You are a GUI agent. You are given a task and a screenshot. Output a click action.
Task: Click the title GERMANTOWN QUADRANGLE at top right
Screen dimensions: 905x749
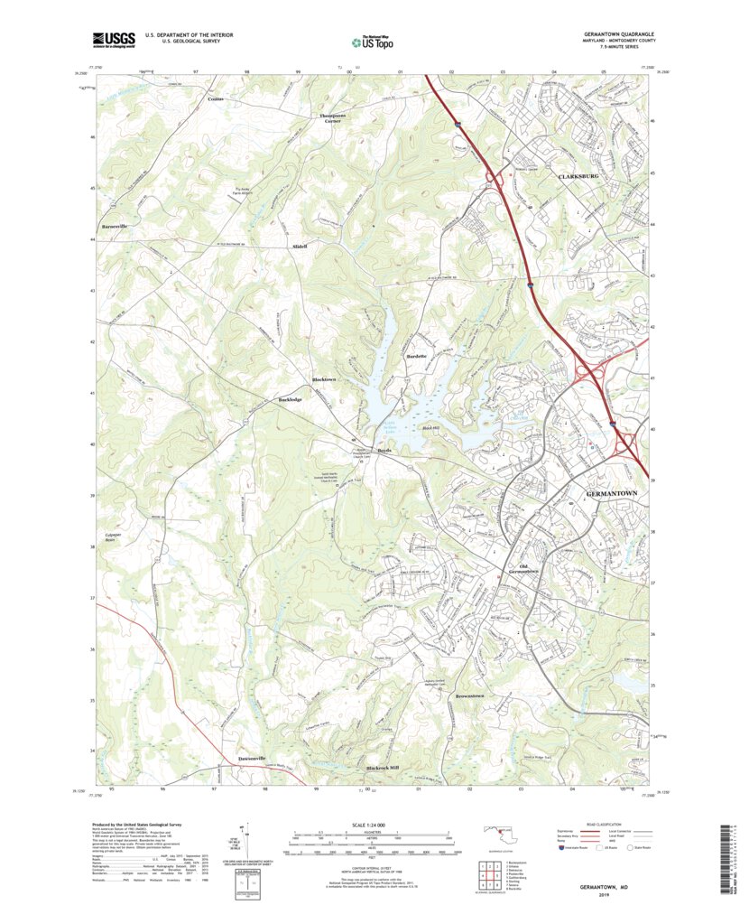611,34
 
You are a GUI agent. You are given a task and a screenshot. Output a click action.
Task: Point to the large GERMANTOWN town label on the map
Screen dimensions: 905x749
613,494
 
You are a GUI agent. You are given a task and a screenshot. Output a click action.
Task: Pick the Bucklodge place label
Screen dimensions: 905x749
290,398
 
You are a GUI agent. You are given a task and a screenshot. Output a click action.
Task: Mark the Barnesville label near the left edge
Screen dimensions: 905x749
115,226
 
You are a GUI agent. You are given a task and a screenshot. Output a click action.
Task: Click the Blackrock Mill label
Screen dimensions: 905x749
382,768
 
